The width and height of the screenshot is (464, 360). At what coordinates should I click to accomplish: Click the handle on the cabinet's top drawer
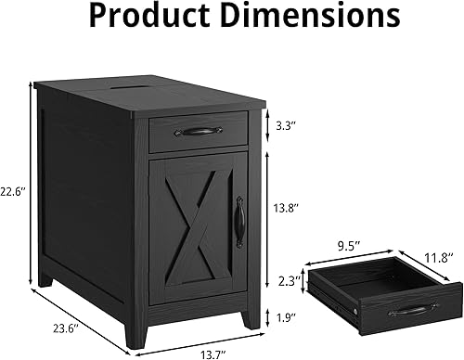[x=198, y=134]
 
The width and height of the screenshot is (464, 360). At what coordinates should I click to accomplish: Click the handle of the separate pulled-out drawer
[x=409, y=310]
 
